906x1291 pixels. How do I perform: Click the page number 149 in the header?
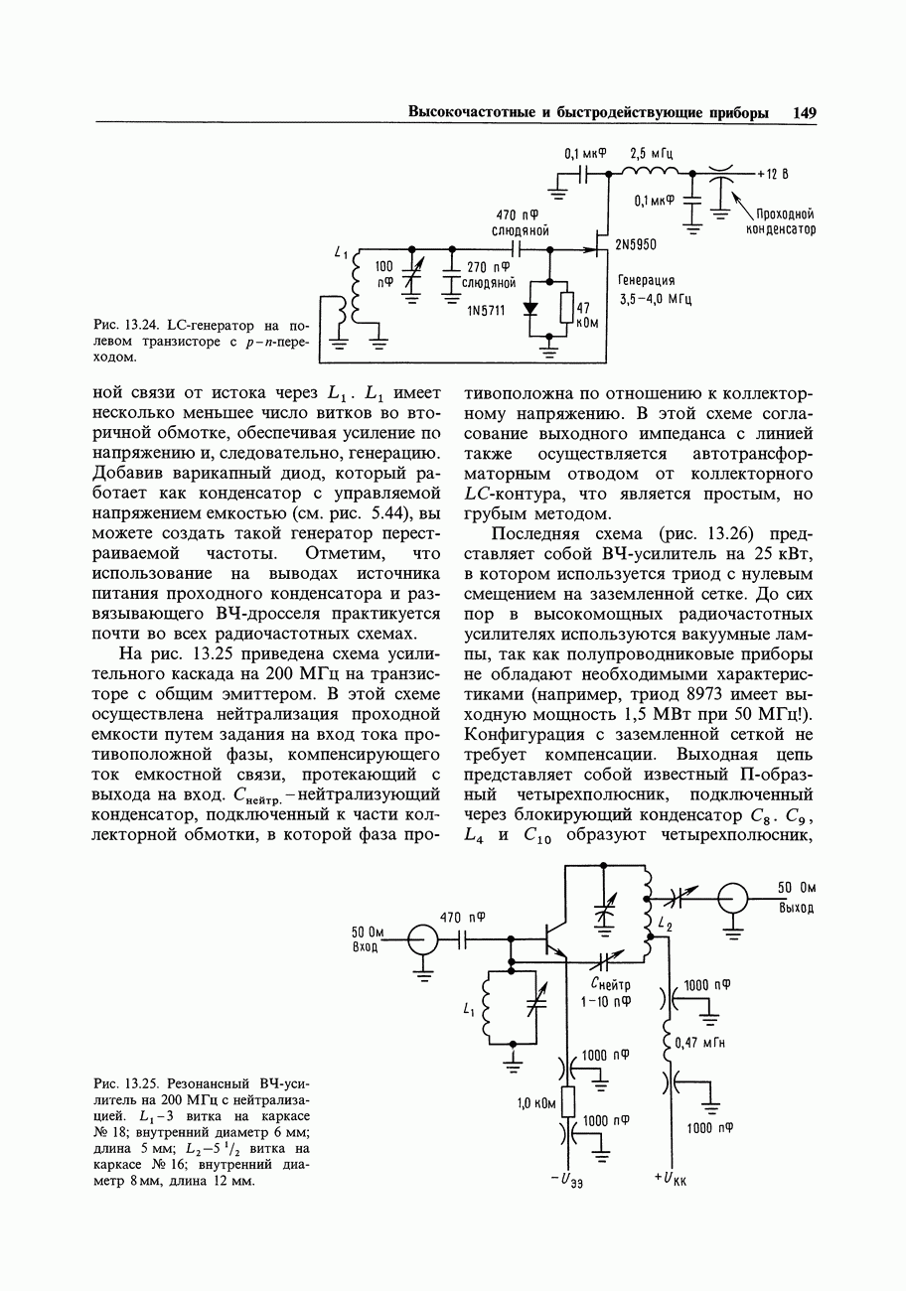(x=804, y=113)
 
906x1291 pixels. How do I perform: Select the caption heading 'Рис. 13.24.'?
(x=123, y=325)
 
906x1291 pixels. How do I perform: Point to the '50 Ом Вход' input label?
(x=367, y=938)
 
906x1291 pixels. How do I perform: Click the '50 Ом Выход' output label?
(x=797, y=898)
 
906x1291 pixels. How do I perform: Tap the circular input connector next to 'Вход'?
(x=423, y=938)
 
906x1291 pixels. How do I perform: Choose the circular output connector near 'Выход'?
(x=733, y=898)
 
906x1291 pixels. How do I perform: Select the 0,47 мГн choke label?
(x=699, y=1043)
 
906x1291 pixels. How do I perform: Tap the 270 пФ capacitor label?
(x=488, y=266)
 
